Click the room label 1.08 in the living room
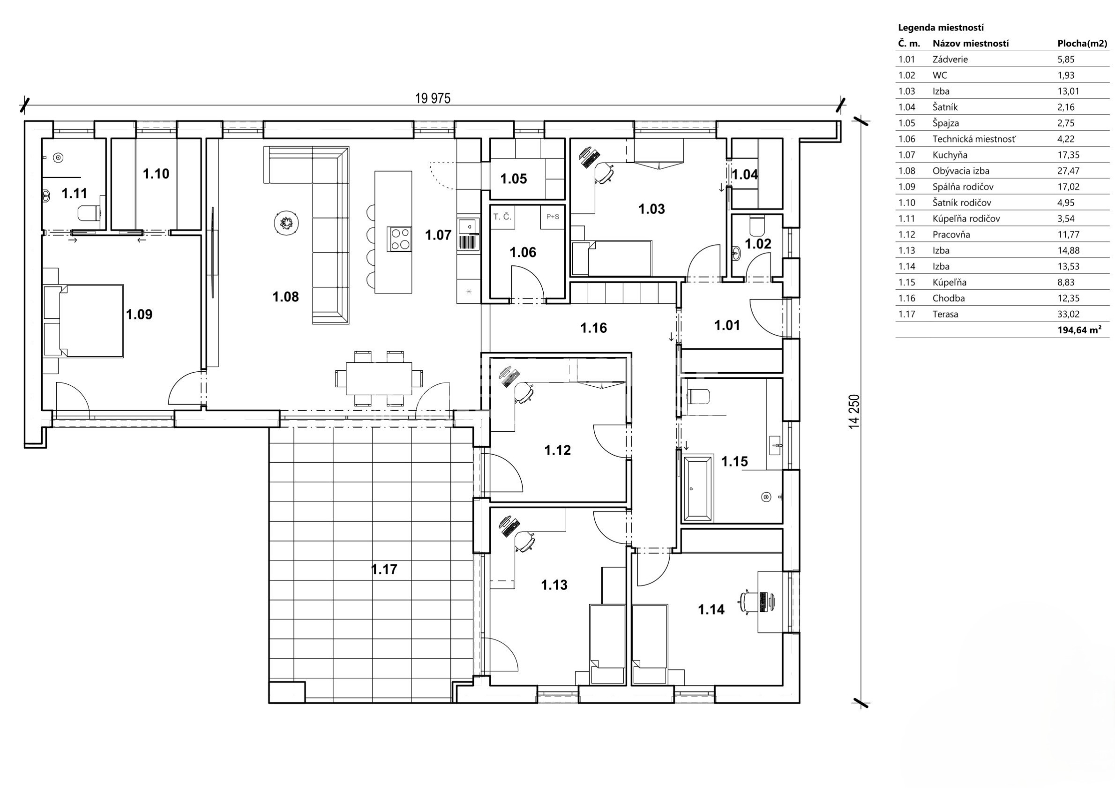(x=285, y=296)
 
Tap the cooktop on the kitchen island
(x=399, y=239)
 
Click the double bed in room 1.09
(x=83, y=321)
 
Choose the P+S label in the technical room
(x=553, y=217)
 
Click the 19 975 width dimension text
(x=433, y=98)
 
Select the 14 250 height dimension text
(x=854, y=412)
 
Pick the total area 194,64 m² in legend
(x=1079, y=330)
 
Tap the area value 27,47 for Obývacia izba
(x=1069, y=171)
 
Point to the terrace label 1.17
(x=384, y=569)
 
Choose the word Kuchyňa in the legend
(x=950, y=155)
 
